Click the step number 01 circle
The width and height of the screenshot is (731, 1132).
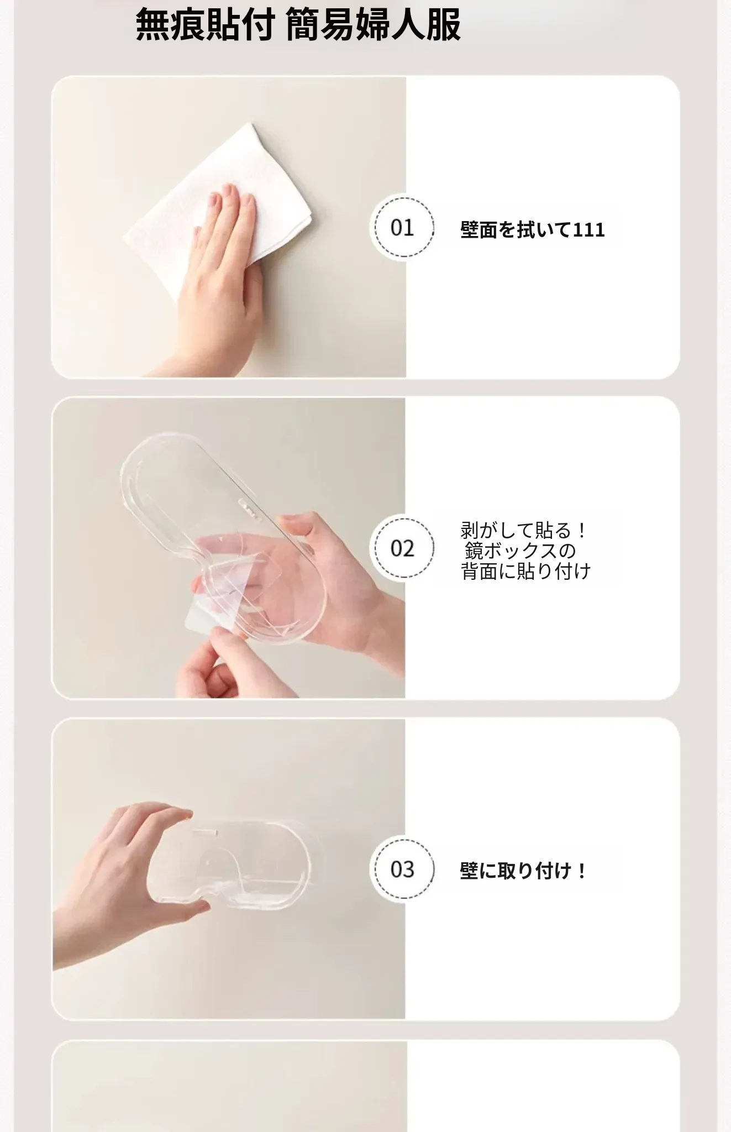coord(402,227)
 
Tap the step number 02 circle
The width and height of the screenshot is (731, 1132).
coord(402,548)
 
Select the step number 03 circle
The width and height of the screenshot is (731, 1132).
coord(402,868)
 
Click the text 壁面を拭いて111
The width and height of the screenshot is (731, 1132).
coord(532,229)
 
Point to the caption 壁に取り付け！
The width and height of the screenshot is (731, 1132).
coord(523,871)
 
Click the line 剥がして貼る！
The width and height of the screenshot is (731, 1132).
coord(523,531)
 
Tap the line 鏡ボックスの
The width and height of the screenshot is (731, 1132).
coord(520,551)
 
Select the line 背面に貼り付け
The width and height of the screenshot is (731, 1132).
coord(526,571)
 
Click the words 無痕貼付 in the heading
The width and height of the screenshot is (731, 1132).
coord(204,25)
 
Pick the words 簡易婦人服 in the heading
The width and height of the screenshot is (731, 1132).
coord(374,25)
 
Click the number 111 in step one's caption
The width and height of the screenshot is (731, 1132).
coord(589,229)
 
